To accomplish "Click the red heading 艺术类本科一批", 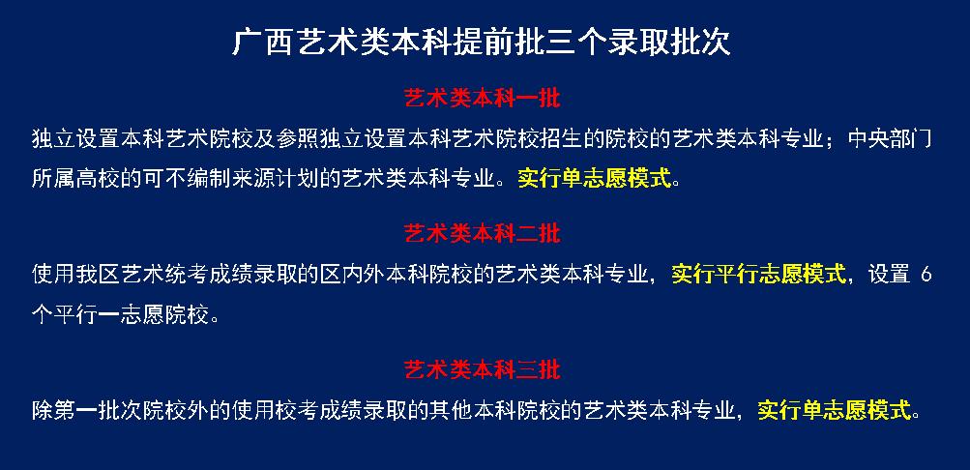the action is click(x=482, y=99).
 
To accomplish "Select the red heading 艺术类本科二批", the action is click(x=482, y=234).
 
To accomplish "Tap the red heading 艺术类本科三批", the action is click(x=482, y=369).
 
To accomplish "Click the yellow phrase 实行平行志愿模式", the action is click(x=758, y=274).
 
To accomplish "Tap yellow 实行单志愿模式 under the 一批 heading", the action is click(x=595, y=179).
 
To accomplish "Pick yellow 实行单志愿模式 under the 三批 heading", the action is click(x=835, y=410).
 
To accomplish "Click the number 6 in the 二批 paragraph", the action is click(x=926, y=274).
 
